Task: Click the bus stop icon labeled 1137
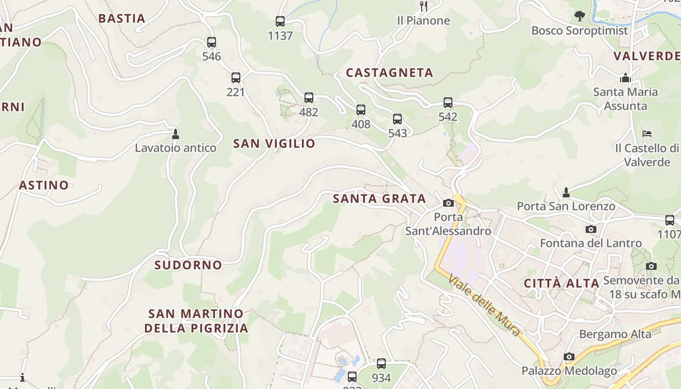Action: (280, 21)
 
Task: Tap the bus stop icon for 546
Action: (212, 42)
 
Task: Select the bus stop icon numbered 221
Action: (236, 78)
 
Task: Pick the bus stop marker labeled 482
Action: (309, 98)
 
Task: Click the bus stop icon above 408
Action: (361, 110)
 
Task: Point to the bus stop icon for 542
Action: (448, 103)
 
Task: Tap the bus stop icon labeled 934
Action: (381, 364)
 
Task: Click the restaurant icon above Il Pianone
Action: (424, 6)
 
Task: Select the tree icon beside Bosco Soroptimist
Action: (579, 16)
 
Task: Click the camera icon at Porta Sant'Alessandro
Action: (448, 203)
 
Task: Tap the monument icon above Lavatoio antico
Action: (176, 134)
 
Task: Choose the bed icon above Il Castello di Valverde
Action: (646, 134)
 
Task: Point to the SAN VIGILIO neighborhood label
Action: (274, 143)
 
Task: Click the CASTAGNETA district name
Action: (389, 73)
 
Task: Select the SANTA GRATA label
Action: (379, 198)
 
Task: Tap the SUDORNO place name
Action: (188, 265)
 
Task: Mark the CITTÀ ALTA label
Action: (561, 283)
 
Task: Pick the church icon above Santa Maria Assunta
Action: (626, 78)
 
